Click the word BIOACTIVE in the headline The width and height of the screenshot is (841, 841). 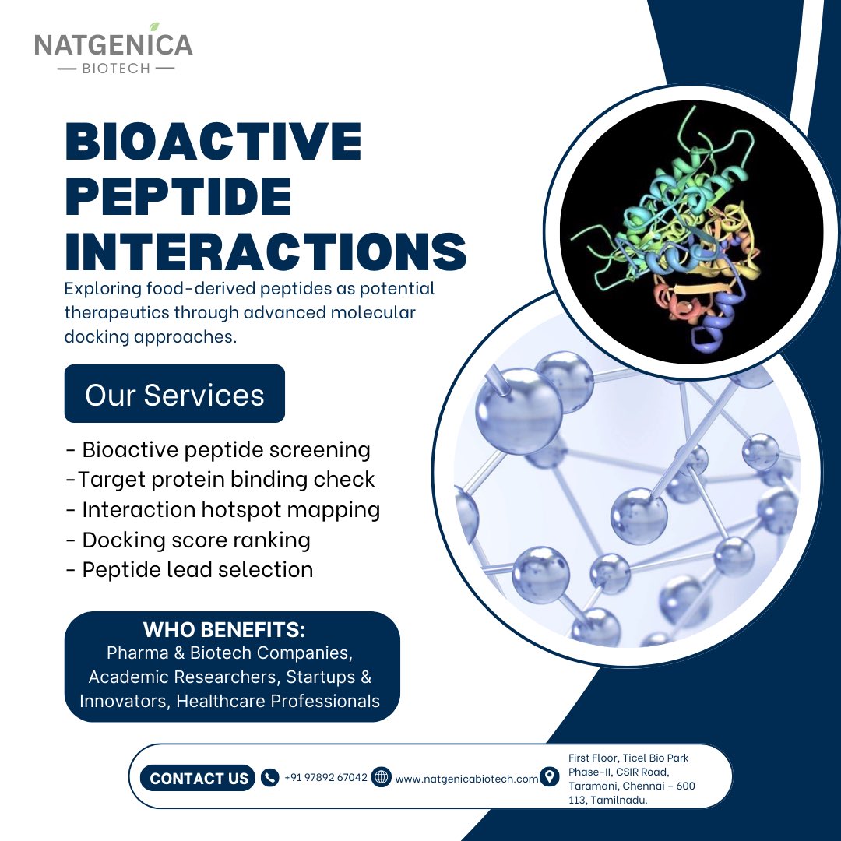(x=213, y=143)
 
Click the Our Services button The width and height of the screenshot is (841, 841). (x=174, y=394)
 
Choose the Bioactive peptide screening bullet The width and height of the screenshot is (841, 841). (x=218, y=450)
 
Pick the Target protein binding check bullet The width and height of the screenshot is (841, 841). (x=220, y=480)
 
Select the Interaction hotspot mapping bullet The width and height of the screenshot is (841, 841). (x=223, y=510)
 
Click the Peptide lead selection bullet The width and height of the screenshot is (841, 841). (x=189, y=569)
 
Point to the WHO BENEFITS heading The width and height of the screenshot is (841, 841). (x=223, y=629)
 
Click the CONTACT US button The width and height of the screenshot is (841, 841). (x=199, y=778)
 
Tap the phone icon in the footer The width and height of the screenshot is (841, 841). (x=269, y=777)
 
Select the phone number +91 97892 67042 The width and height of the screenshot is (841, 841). (x=325, y=777)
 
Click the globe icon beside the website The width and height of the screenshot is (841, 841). (x=381, y=777)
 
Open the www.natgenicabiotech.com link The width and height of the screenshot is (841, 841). (x=466, y=779)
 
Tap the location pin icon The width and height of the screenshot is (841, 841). (x=550, y=777)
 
